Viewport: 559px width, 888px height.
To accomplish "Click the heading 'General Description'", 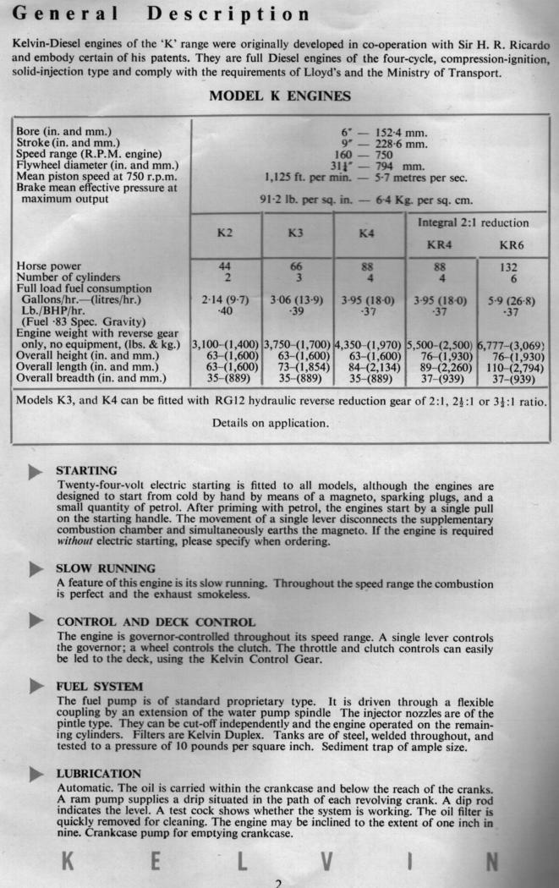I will (x=162, y=14).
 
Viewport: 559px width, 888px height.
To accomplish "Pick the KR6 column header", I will (x=512, y=245).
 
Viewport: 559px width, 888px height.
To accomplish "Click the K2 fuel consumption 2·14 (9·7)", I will (x=224, y=300).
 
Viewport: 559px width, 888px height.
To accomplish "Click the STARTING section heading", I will (x=86, y=470).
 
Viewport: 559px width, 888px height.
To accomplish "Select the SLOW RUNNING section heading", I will (x=106, y=568).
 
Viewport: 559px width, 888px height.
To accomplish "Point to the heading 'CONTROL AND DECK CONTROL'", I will (x=156, y=622).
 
